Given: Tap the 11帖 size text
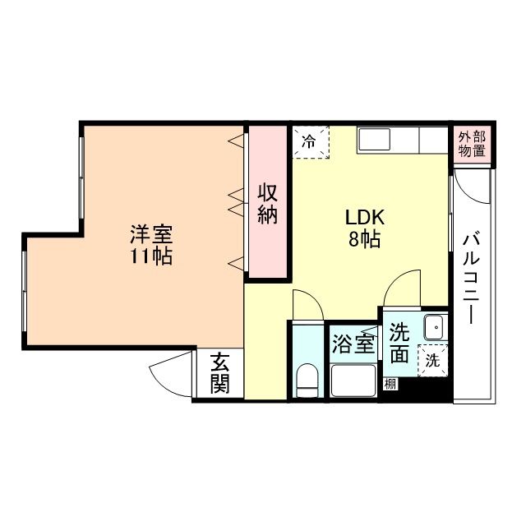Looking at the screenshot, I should (150, 256).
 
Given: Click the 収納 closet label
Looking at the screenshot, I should (269, 204).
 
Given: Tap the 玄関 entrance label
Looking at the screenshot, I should (219, 373).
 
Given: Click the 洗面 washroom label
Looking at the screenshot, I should (399, 344).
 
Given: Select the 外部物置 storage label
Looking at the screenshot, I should (471, 144).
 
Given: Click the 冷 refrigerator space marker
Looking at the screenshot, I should (310, 141).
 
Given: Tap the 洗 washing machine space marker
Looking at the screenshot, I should (432, 359).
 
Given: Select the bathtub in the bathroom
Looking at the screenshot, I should (353, 380).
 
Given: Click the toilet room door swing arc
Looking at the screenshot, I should (306, 304).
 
